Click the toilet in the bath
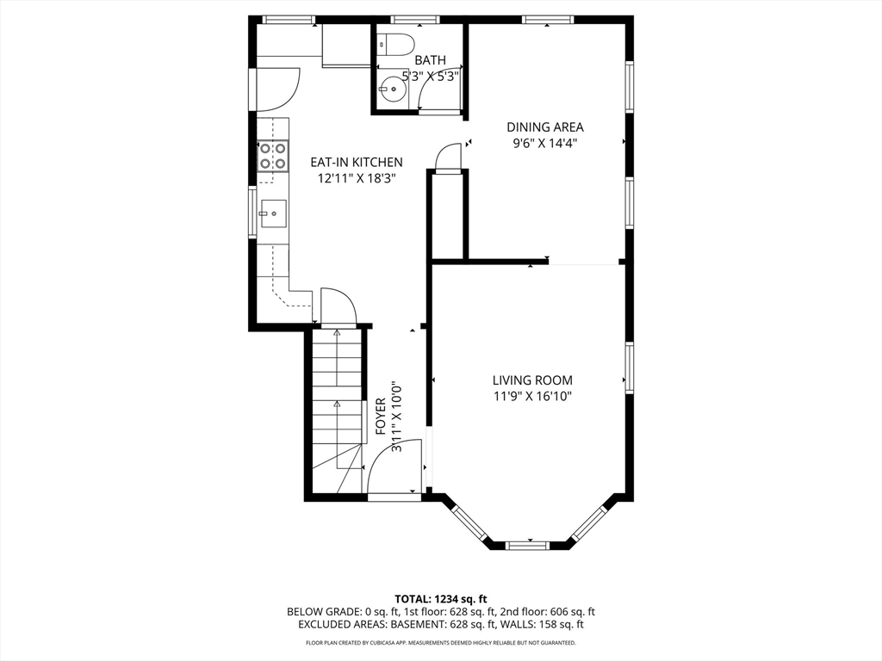(x=396, y=44)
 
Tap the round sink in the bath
(x=392, y=89)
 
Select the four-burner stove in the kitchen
(x=273, y=156)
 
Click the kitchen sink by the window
(x=273, y=213)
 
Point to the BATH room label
(x=431, y=60)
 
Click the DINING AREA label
(x=545, y=127)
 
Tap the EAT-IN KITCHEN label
(x=357, y=163)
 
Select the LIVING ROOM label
(x=532, y=380)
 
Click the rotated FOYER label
(x=381, y=417)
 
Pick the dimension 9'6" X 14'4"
(x=545, y=144)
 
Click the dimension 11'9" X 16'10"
(x=532, y=397)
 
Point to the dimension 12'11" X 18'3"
(x=357, y=179)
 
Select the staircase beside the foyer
(x=337, y=412)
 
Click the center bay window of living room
(x=527, y=545)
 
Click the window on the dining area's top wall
(x=548, y=21)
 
